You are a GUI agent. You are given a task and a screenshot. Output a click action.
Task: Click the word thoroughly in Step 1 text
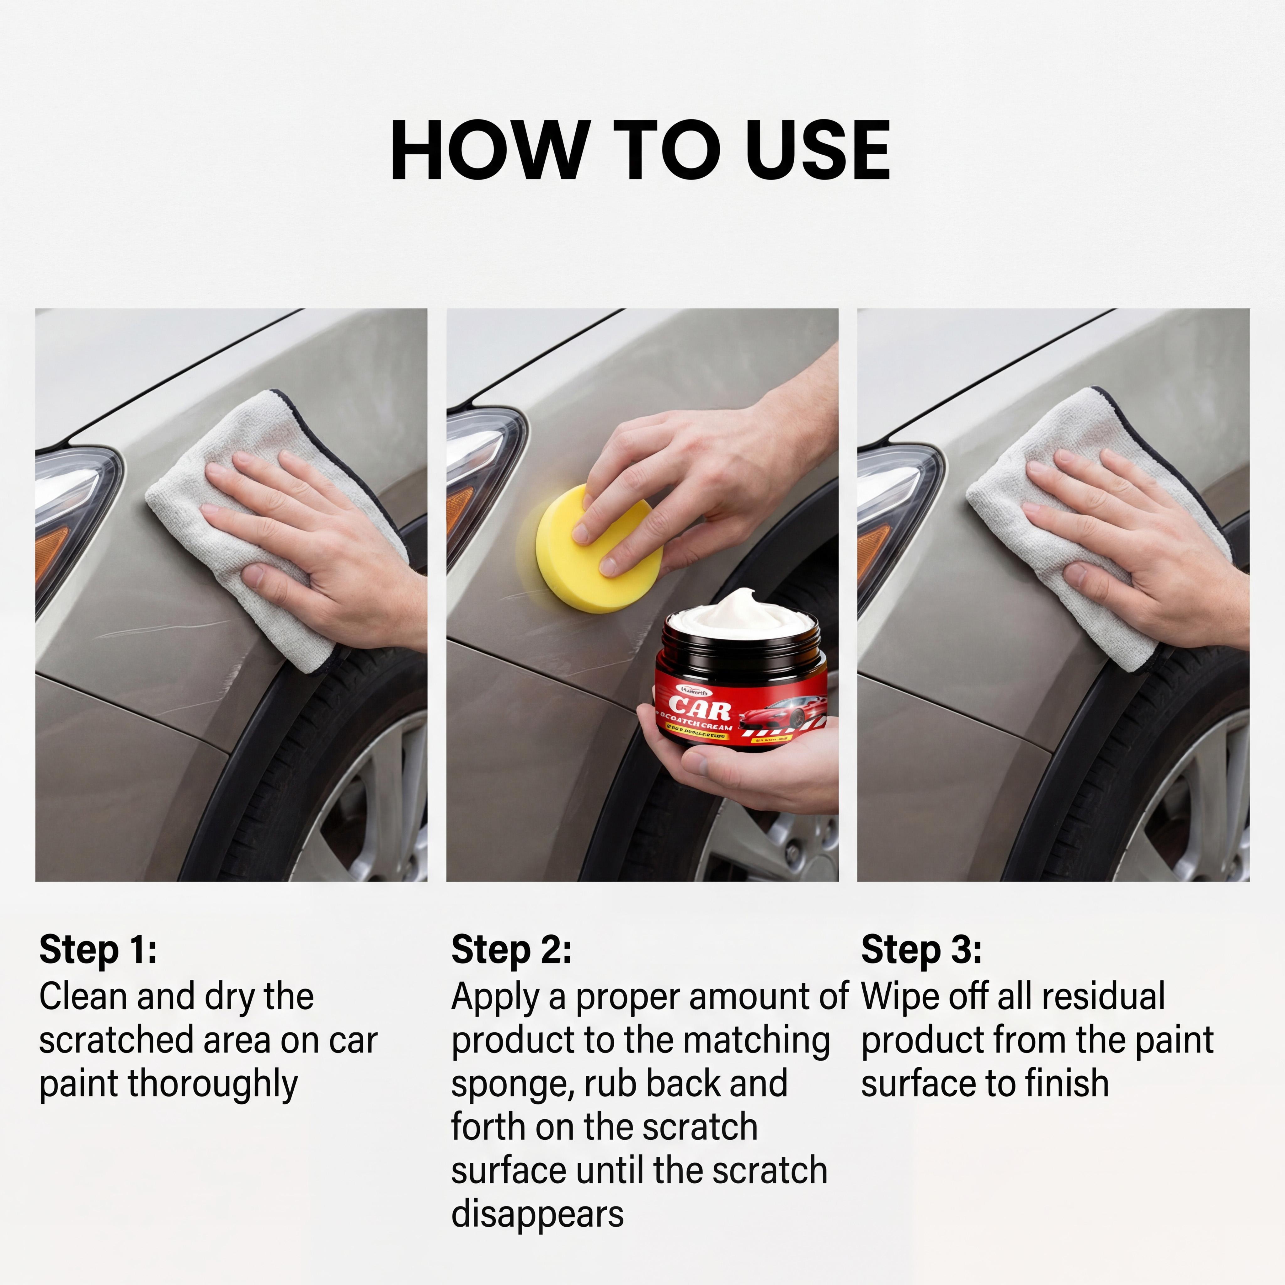(213, 1085)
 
